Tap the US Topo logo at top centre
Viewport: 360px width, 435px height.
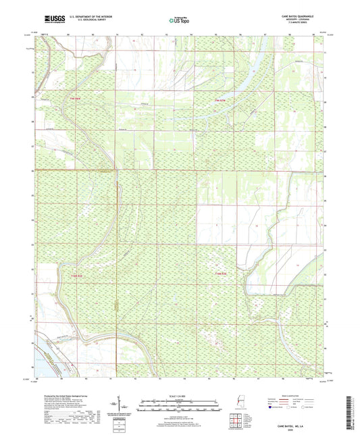[x=179, y=21]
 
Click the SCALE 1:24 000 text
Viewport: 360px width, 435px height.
[x=180, y=395]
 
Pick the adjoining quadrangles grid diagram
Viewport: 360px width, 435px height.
[x=235, y=420]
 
